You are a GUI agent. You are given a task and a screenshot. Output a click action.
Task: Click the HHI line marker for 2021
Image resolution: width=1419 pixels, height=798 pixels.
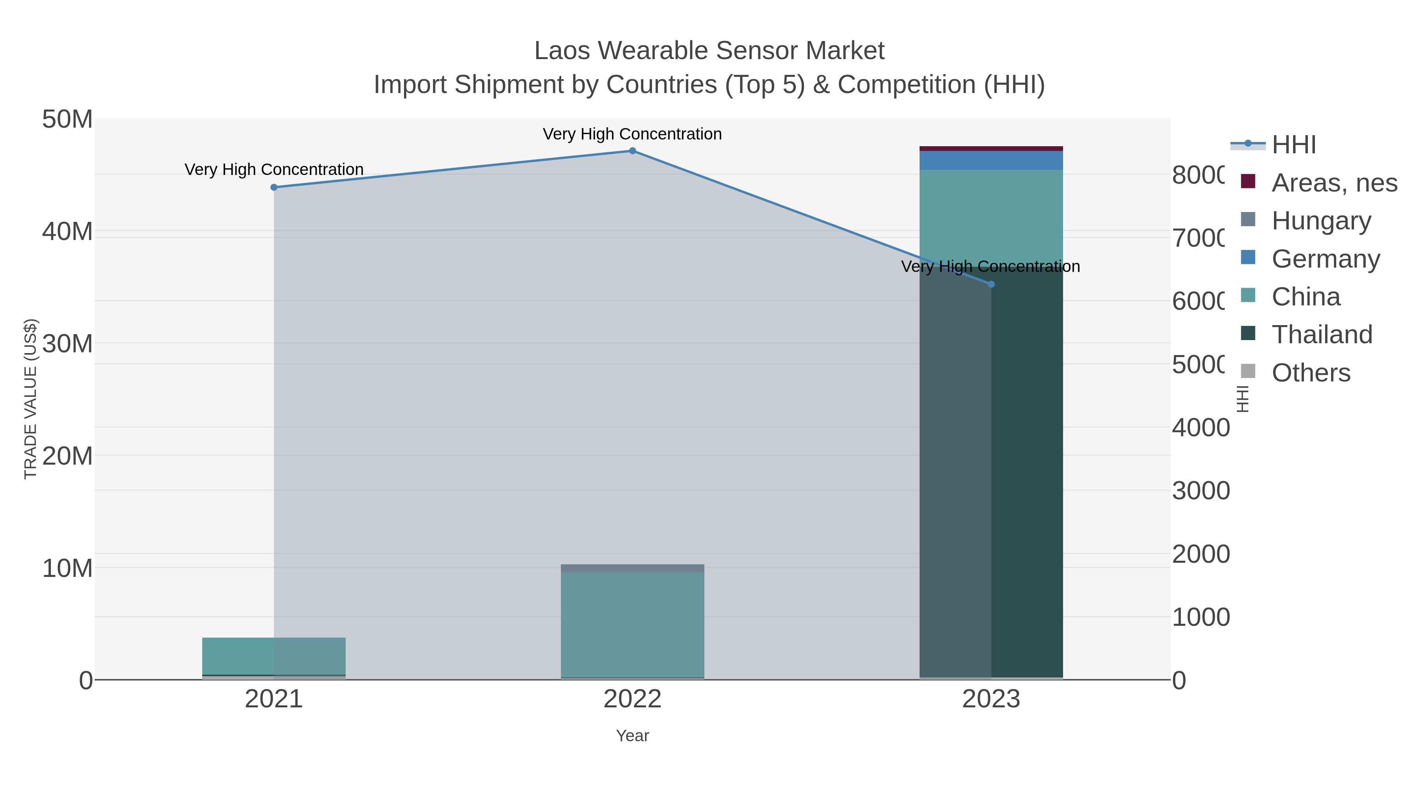pos(274,187)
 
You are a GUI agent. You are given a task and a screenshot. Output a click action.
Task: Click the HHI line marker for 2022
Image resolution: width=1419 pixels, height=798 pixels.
pos(632,151)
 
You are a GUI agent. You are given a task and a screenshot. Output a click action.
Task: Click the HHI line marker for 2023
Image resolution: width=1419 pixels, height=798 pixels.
pos(991,284)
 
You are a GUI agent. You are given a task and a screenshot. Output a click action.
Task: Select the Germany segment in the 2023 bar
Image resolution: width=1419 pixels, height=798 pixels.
pos(991,160)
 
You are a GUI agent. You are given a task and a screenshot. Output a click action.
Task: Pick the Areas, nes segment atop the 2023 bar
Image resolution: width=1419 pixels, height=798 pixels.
pos(991,149)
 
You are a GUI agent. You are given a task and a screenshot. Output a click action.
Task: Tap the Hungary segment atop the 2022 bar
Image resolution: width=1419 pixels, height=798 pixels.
pos(632,568)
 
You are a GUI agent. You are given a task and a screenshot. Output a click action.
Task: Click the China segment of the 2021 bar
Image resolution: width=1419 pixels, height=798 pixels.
pos(274,656)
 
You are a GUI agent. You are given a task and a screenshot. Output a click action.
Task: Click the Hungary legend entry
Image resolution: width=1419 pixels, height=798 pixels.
pos(1321,221)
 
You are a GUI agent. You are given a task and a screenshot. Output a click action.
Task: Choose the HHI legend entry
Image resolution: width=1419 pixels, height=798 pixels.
pos(1293,145)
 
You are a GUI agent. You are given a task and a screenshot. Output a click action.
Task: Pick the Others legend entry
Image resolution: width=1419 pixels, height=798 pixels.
pos(1311,373)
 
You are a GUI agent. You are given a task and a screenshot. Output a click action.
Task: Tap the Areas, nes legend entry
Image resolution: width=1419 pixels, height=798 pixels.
pos(1333,183)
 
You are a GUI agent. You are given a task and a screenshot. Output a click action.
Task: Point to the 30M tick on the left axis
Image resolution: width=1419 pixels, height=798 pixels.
pos(67,344)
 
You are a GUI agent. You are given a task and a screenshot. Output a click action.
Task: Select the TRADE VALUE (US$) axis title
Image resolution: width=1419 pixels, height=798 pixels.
pos(30,399)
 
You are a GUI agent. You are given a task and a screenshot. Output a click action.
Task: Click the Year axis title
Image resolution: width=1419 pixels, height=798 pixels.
pos(632,736)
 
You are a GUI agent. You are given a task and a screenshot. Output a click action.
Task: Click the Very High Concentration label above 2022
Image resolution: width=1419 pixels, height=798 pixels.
pos(632,134)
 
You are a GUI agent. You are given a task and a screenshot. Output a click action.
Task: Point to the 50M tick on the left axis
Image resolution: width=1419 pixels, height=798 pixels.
pos(67,119)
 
